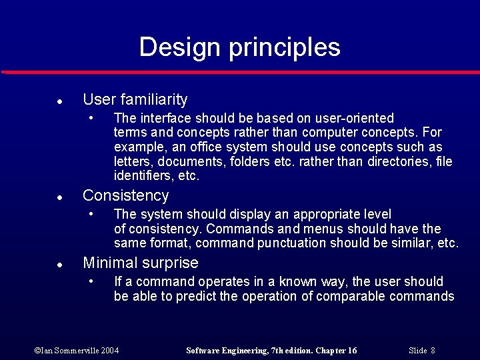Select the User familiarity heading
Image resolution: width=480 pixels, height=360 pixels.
coord(135,100)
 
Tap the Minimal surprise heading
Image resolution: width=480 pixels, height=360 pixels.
coord(140,263)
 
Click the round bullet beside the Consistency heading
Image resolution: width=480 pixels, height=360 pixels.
coord(59,197)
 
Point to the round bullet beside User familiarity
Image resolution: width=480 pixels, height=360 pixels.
coord(59,101)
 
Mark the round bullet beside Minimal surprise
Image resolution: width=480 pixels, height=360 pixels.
coord(59,265)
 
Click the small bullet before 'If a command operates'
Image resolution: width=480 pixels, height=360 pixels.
coord(92,282)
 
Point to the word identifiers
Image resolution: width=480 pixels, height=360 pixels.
coord(142,177)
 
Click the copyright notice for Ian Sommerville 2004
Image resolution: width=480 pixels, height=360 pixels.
coord(77,351)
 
